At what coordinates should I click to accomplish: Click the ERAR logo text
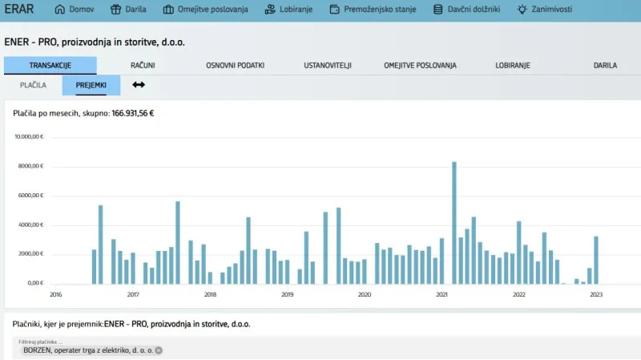(x=18, y=9)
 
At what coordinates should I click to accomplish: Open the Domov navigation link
(x=74, y=10)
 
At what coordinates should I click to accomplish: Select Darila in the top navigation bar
(x=128, y=10)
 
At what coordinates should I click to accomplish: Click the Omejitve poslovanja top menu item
(x=205, y=10)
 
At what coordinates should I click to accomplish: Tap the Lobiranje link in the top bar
(x=288, y=10)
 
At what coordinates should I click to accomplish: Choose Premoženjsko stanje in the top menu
(x=373, y=10)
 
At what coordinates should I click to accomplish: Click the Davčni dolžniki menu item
(x=466, y=10)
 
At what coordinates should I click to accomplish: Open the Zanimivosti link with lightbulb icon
(x=545, y=10)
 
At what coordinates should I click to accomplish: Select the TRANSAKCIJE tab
(x=50, y=66)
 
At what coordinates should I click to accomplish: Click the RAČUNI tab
(x=143, y=66)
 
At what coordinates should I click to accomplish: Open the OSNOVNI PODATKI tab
(x=235, y=66)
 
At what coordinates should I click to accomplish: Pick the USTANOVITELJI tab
(x=328, y=66)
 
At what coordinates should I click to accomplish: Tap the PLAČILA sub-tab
(x=33, y=85)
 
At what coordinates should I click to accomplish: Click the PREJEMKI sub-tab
(x=91, y=85)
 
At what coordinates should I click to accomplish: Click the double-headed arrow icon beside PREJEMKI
(x=139, y=85)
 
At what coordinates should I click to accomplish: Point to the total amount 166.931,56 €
(x=133, y=113)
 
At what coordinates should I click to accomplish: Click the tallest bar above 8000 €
(x=454, y=223)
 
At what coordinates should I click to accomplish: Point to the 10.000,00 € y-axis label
(x=29, y=136)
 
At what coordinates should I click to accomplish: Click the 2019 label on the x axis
(x=288, y=294)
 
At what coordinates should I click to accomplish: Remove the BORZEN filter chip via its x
(x=159, y=350)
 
